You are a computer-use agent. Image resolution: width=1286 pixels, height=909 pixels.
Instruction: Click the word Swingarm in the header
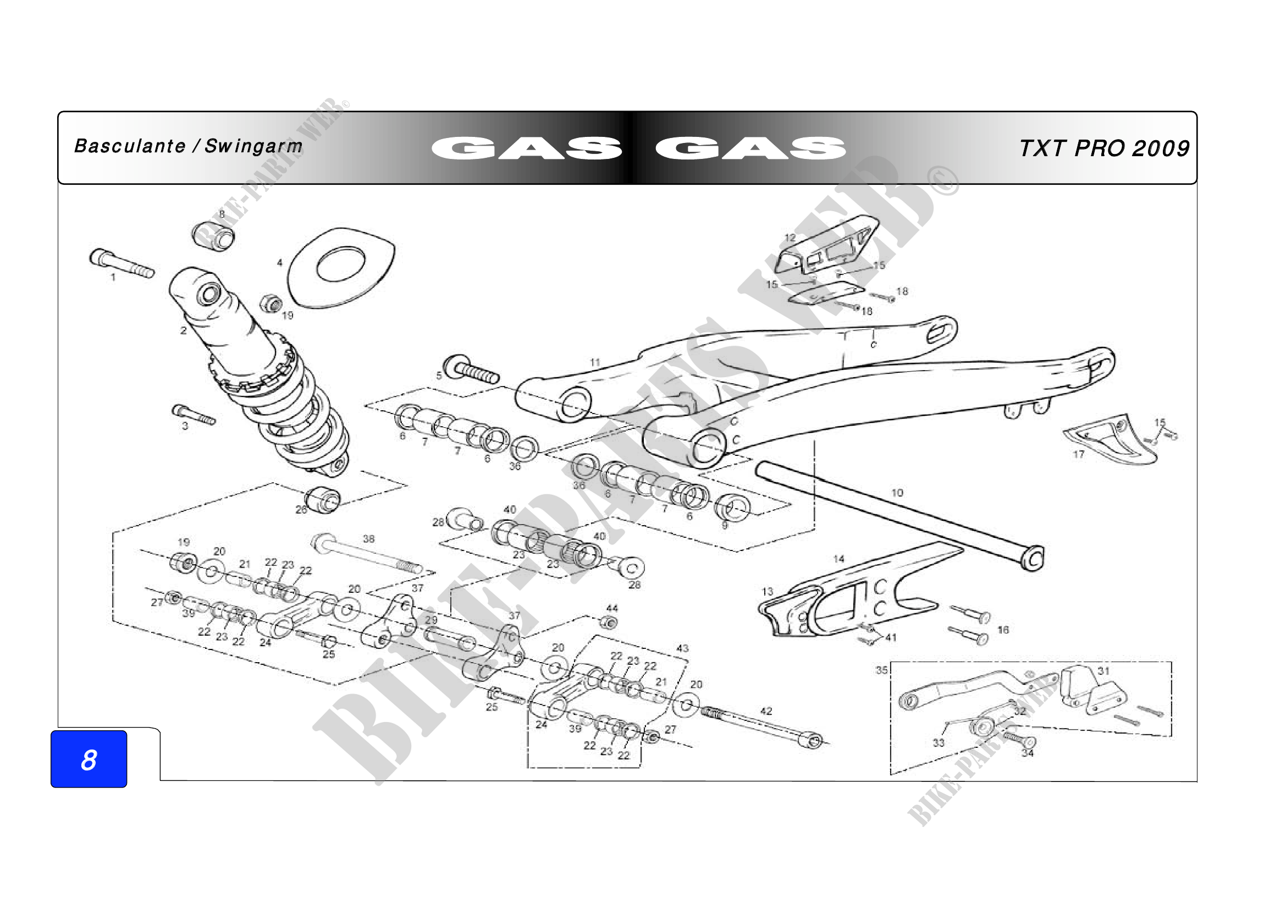pos(253,146)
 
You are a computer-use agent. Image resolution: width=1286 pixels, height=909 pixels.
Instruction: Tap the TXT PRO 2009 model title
pos(1103,148)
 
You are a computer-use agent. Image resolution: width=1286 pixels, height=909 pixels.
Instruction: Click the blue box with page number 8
pos(89,759)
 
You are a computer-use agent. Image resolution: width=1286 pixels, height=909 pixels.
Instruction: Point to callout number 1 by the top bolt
pos(113,277)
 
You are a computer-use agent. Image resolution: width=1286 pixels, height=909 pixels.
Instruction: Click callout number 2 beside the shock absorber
pos(183,331)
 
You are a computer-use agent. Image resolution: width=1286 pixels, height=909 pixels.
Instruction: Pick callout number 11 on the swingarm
pos(595,363)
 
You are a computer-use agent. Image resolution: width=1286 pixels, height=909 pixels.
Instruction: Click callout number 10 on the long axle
pos(897,493)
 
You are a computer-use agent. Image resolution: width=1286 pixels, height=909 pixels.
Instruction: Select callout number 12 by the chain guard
pos(790,238)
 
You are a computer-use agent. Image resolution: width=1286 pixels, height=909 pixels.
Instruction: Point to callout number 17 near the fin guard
pos(1078,454)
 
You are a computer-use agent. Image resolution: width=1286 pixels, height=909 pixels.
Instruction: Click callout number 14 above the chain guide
pos(838,559)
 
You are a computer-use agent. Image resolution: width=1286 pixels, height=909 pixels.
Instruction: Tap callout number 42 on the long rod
pos(766,711)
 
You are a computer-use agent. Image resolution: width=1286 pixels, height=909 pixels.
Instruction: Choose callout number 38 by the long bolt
pos(368,539)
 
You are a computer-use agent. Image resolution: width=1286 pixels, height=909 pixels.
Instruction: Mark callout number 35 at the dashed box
pos(881,670)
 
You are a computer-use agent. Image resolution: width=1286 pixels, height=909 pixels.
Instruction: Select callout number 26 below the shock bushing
pos(301,510)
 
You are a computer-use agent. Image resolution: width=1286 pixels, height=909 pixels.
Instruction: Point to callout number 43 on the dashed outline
pos(682,648)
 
